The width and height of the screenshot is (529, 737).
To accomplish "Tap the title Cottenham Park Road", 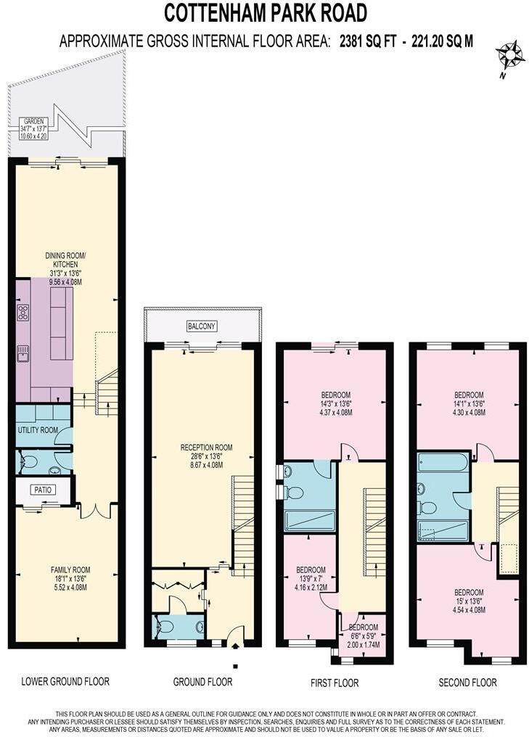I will click(265, 13).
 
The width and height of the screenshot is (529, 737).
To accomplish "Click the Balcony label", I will click(202, 326).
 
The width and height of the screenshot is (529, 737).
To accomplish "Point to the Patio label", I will click(44, 490).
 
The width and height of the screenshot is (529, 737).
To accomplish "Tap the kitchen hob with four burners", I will click(22, 313).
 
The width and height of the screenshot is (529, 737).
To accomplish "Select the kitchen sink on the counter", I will click(22, 353).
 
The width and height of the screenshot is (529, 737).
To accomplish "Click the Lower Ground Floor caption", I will click(65, 681).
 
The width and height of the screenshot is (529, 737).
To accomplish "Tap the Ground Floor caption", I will click(202, 682).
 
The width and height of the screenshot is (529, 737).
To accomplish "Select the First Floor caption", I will click(334, 683).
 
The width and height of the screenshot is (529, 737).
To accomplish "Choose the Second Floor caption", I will click(467, 683).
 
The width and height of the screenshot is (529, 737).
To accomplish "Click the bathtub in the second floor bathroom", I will click(443, 463).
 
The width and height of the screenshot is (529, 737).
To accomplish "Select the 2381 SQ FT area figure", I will click(368, 41).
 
